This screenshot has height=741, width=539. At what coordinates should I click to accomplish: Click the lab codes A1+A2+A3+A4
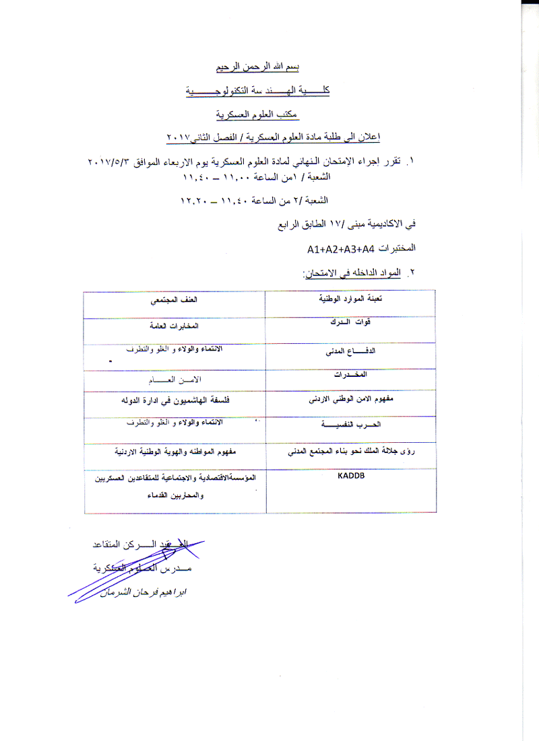coord(340,250)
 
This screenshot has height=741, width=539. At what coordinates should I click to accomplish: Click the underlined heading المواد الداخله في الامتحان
coord(351,273)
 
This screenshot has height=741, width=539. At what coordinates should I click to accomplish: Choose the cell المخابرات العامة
coord(175,325)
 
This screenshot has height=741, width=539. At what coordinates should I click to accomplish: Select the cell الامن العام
coord(175,380)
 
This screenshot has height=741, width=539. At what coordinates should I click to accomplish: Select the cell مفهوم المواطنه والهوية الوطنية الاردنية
coord(175,452)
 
